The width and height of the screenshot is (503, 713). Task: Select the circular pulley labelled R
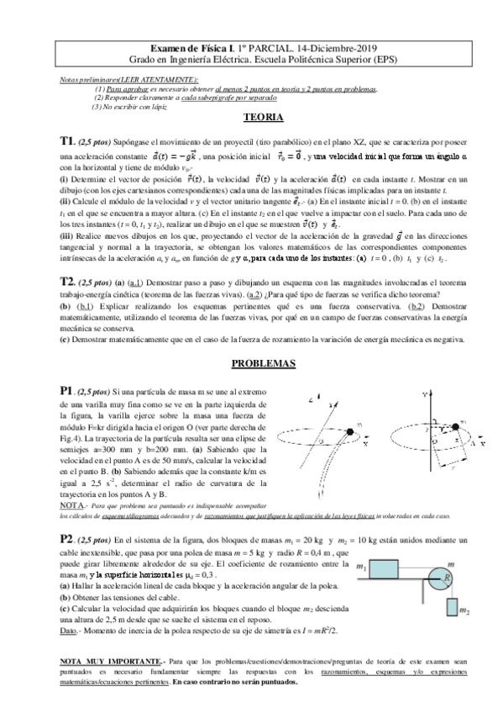tap(447, 578)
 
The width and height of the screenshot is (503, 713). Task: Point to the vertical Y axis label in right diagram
tap(427, 393)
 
